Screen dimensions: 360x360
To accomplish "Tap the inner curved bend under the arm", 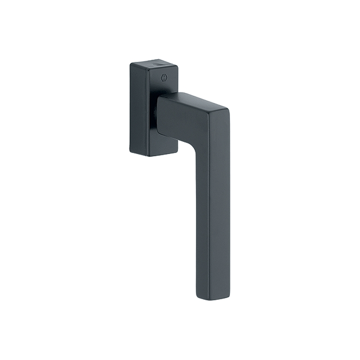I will click(x=194, y=144).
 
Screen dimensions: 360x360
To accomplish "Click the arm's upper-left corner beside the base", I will click(x=158, y=99).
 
